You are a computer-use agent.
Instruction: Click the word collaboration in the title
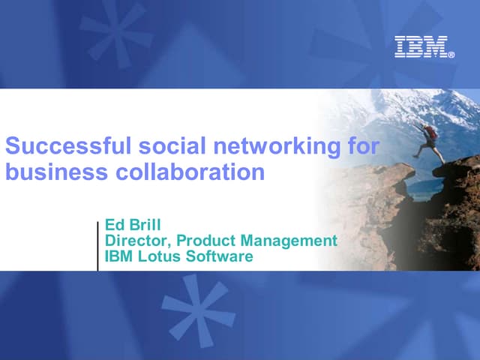pyautogui.click(x=190, y=172)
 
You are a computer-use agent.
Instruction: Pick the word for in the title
pyautogui.click(x=364, y=145)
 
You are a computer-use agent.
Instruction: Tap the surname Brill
pyautogui.click(x=144, y=225)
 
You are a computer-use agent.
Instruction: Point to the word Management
pyautogui.click(x=289, y=241)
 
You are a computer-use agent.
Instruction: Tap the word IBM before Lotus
pyautogui.click(x=120, y=256)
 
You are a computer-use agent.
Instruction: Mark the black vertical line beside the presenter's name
pyautogui.click(x=98, y=245)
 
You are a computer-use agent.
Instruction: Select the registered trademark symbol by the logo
pyautogui.click(x=451, y=55)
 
